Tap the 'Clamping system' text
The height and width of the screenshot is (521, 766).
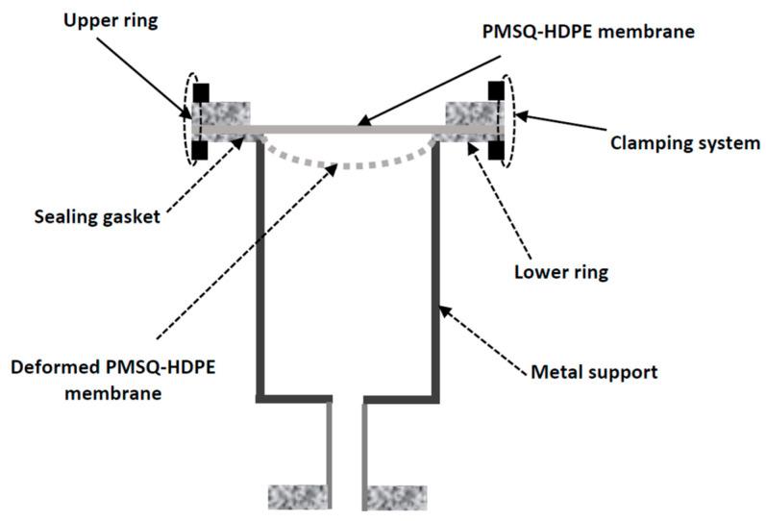[x=685, y=143]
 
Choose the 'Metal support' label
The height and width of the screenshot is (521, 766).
[x=595, y=371]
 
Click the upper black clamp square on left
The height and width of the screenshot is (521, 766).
[x=201, y=93]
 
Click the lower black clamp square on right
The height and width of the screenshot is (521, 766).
[x=496, y=151]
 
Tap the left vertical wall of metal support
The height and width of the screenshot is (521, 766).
[x=259, y=269]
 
